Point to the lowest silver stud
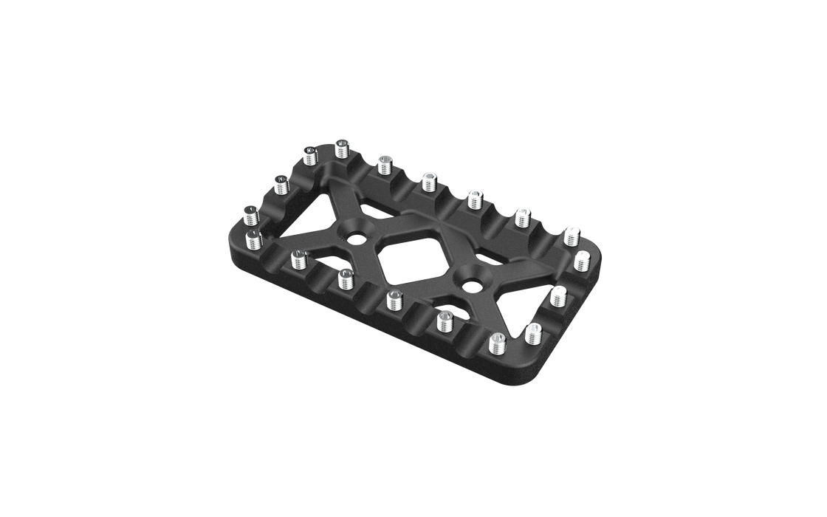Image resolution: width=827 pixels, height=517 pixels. (x=497, y=342)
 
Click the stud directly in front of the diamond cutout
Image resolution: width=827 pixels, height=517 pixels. (x=394, y=298)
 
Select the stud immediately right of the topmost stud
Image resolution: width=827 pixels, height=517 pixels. (x=383, y=163)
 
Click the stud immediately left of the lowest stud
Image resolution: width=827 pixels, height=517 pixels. (x=445, y=319)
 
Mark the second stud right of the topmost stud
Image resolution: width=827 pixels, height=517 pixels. (x=428, y=179)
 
